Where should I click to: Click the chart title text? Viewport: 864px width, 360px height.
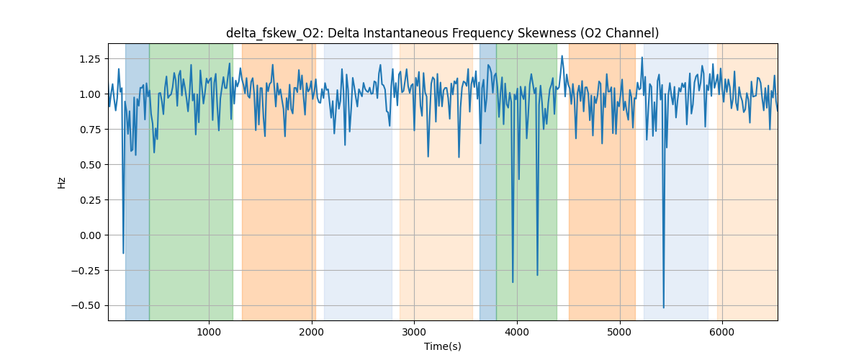[x=442, y=33]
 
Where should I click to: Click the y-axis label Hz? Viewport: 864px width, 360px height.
[x=62, y=182]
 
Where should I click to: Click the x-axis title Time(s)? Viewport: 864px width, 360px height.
[x=442, y=346]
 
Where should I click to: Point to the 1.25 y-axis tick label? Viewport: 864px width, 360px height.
[x=91, y=59]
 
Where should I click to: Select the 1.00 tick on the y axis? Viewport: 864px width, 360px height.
[x=91, y=94]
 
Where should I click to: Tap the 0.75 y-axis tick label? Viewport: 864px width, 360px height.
[x=91, y=130]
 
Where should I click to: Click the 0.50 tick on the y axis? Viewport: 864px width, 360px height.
[x=91, y=165]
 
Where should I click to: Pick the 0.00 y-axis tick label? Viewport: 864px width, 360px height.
[x=91, y=235]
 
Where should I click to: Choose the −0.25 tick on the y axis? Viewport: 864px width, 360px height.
[x=89, y=271]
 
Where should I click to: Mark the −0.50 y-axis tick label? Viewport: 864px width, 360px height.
[x=89, y=306]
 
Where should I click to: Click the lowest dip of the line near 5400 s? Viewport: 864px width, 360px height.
[x=663, y=307]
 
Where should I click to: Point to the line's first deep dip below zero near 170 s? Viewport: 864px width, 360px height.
[x=123, y=253]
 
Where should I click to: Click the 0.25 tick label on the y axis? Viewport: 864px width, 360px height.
[x=91, y=200]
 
